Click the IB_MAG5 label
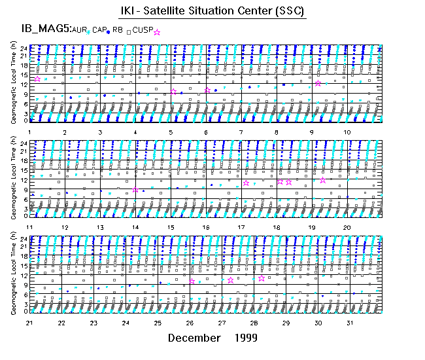[41, 29]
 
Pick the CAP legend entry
[99, 30]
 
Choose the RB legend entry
[118, 30]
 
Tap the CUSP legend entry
[142, 30]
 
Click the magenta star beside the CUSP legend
[157, 32]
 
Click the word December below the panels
[194, 338]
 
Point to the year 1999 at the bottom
[243, 338]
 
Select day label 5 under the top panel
[171, 132]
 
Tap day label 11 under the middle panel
[29, 226]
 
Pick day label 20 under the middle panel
[347, 226]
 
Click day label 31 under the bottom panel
[350, 323]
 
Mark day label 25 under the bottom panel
[158, 323]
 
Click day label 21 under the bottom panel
[29, 323]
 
